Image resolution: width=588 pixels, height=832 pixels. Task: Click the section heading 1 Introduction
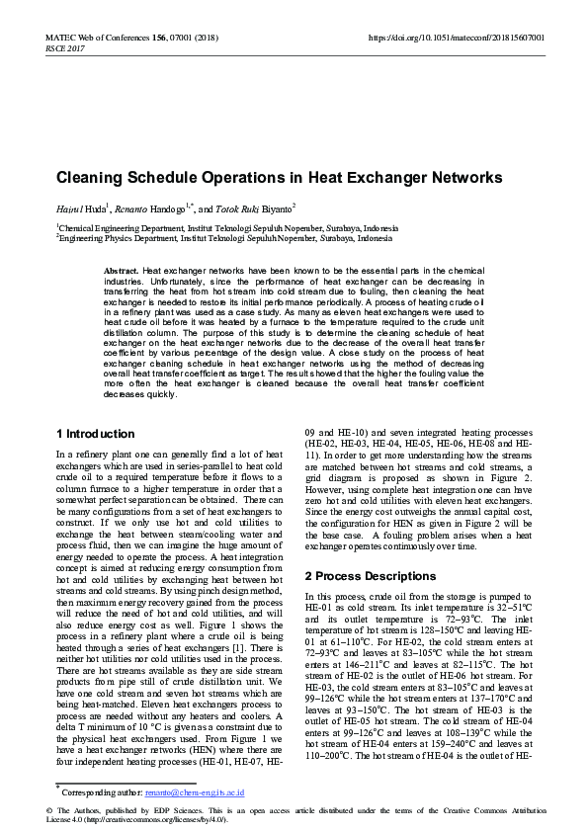[96, 434]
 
